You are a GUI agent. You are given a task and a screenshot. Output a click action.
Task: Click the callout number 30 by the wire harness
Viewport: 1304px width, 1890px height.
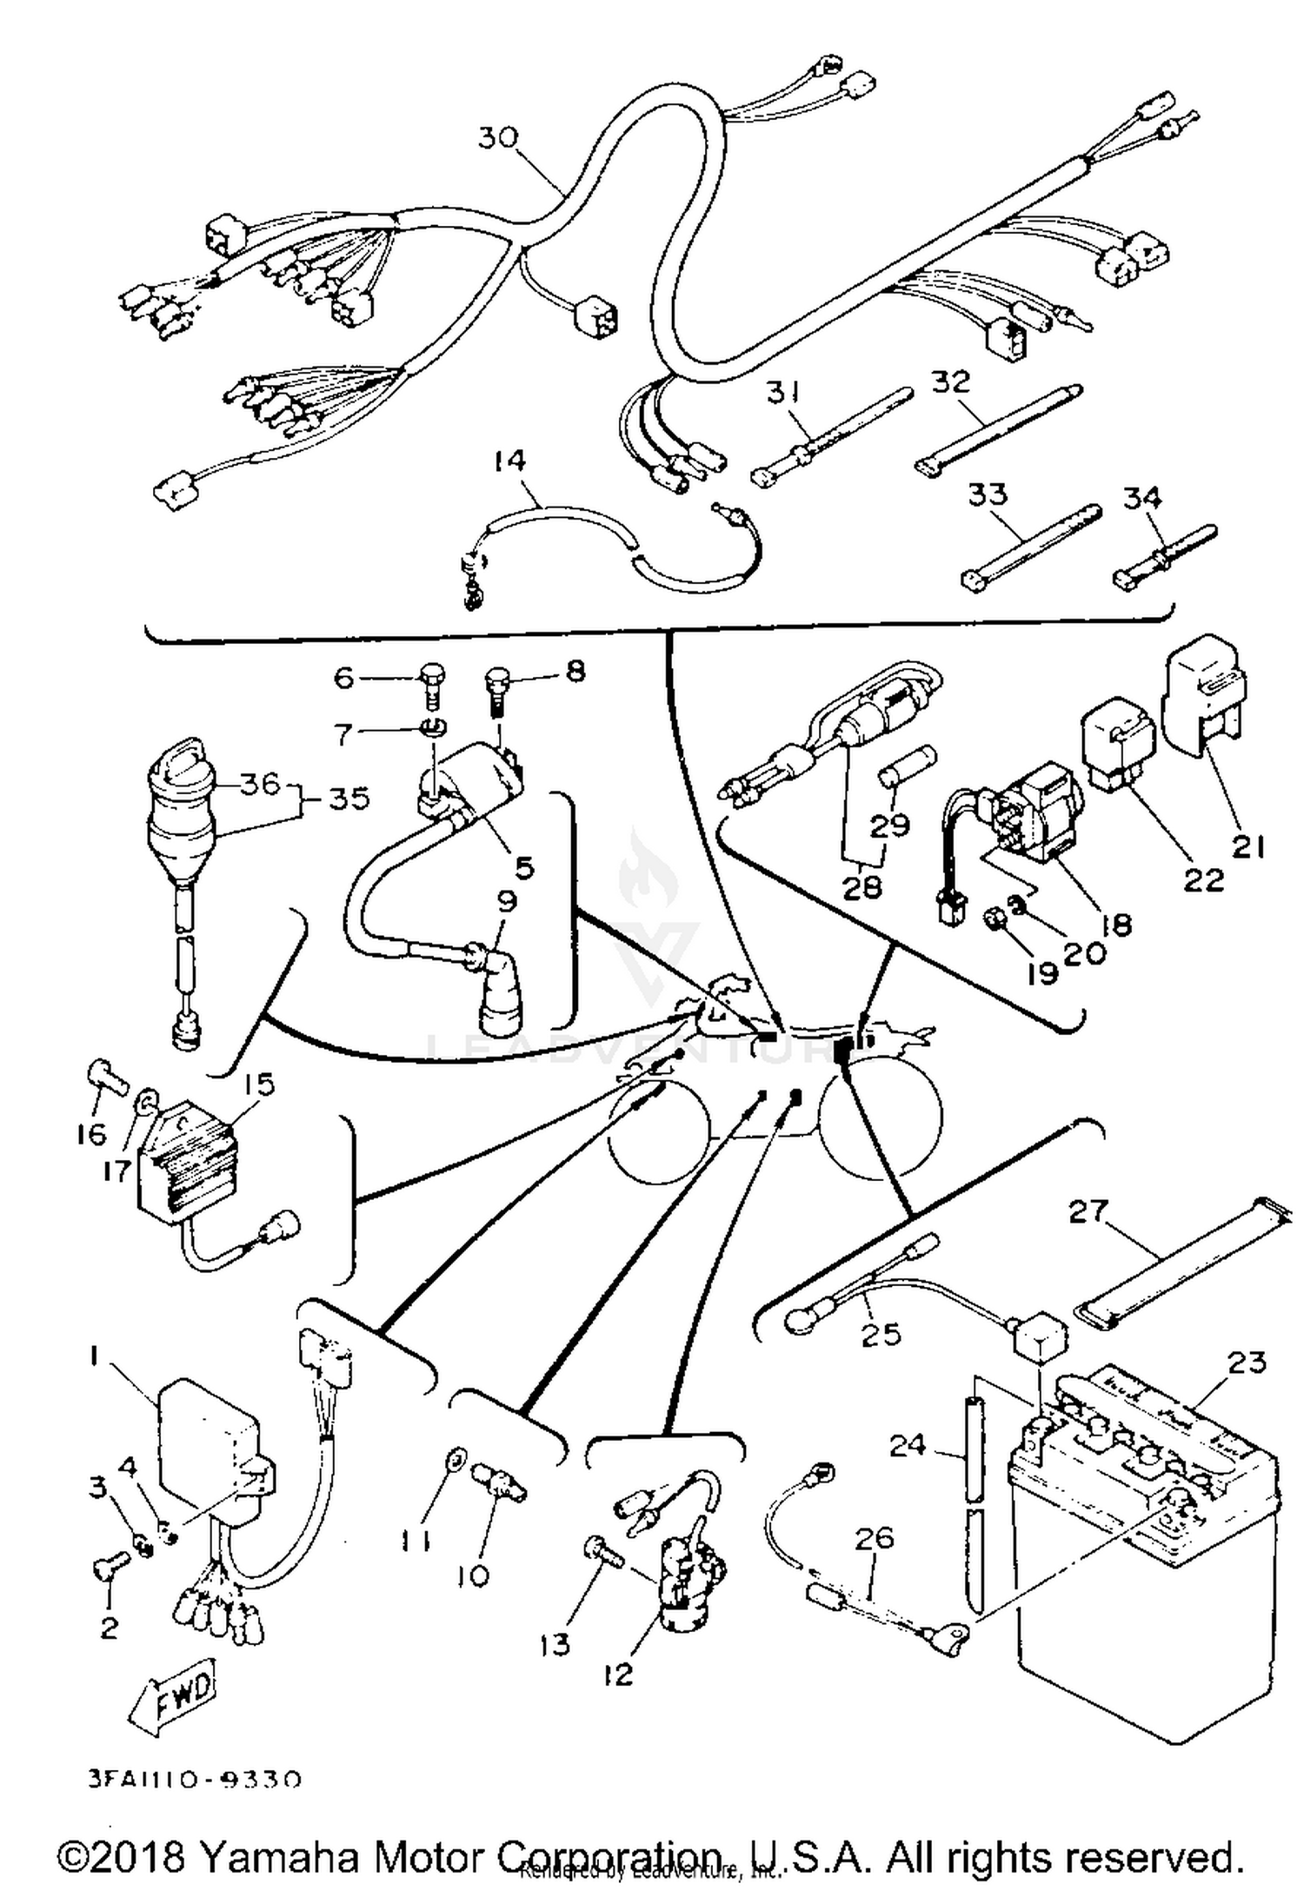498,138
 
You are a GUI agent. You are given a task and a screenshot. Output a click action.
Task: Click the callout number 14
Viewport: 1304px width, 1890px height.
510,461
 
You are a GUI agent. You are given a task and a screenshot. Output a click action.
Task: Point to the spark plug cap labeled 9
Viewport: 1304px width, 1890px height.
496,986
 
